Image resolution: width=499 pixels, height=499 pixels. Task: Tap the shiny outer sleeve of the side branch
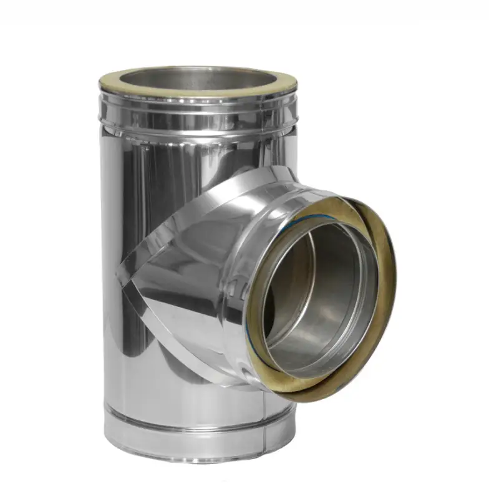point(249,206)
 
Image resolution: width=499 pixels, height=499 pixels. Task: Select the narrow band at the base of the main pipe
point(187,437)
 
